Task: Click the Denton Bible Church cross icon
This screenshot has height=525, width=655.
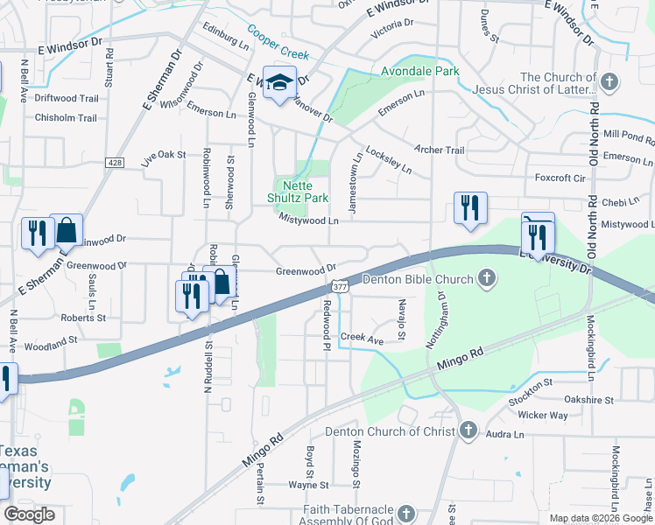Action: (488, 279)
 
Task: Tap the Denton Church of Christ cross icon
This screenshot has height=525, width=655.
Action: (468, 430)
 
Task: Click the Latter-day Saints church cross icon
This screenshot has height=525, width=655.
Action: (609, 83)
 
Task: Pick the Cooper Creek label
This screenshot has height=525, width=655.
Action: (278, 42)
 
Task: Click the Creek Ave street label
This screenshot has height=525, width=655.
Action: (362, 337)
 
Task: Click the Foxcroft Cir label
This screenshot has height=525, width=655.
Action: (559, 178)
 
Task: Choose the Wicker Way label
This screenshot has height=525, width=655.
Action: (543, 415)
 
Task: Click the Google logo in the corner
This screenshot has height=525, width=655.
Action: (29, 514)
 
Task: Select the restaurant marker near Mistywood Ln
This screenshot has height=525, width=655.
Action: (470, 208)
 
